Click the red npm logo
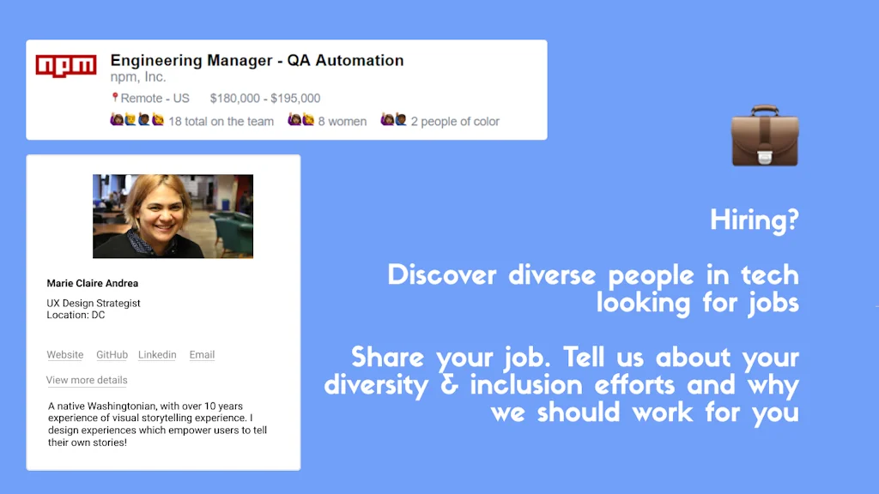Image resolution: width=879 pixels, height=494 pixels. point(66,65)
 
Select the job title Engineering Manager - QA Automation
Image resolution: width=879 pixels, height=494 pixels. point(257,61)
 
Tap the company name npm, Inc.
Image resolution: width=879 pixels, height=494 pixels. point(138,78)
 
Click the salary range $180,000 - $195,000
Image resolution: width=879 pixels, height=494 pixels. point(265,99)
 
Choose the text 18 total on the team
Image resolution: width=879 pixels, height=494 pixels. point(221,122)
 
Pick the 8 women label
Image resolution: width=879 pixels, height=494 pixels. point(342,122)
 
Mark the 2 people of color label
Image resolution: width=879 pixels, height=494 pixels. point(455,122)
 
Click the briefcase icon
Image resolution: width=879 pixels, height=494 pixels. point(764,137)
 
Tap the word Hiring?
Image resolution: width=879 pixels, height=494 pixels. point(754,220)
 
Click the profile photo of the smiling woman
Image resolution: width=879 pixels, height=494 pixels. point(173,216)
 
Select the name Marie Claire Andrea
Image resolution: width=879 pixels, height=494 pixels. point(93,284)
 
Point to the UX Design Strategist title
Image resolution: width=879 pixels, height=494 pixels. point(94,304)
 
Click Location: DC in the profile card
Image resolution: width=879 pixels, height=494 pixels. point(76,316)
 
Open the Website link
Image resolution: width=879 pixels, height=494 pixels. point(65,355)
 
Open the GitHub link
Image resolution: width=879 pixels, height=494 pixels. point(112,355)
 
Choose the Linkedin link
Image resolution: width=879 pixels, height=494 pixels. point(157,355)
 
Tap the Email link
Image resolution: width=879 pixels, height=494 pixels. point(202,355)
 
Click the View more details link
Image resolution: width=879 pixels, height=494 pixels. point(87,381)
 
